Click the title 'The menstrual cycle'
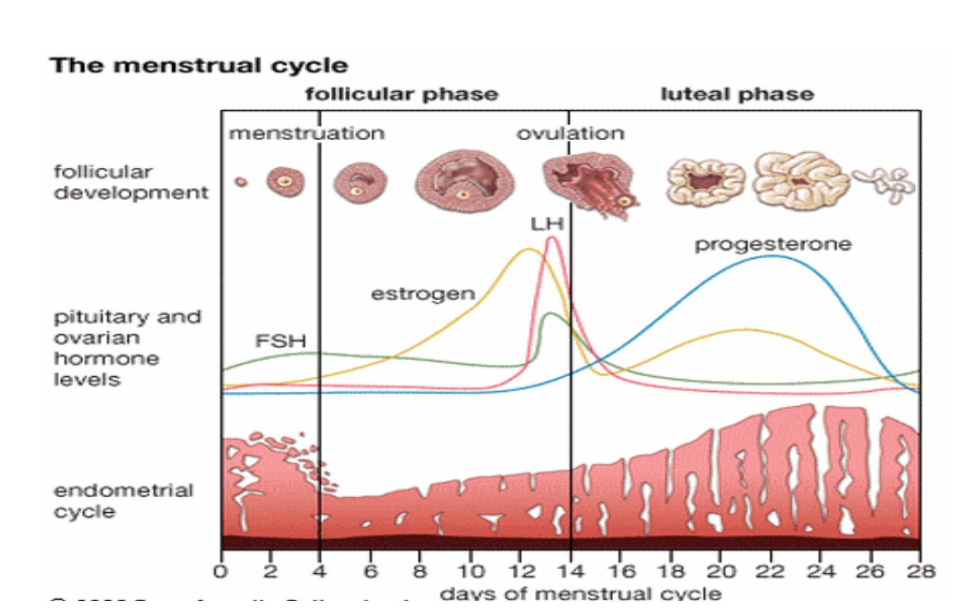click(x=199, y=66)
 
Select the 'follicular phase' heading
click(x=402, y=95)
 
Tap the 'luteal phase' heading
click(x=738, y=95)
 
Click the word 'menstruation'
click(x=307, y=133)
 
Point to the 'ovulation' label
click(x=570, y=133)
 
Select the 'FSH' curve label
click(x=280, y=341)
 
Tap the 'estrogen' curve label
click(x=423, y=293)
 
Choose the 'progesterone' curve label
click(x=772, y=245)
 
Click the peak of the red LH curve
click(x=551, y=238)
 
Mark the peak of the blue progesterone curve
click(x=772, y=256)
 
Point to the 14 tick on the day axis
click(x=570, y=570)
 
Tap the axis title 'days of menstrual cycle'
click(x=580, y=593)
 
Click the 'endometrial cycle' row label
click(x=124, y=501)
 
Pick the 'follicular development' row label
click(x=132, y=182)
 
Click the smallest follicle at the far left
click(x=241, y=182)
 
